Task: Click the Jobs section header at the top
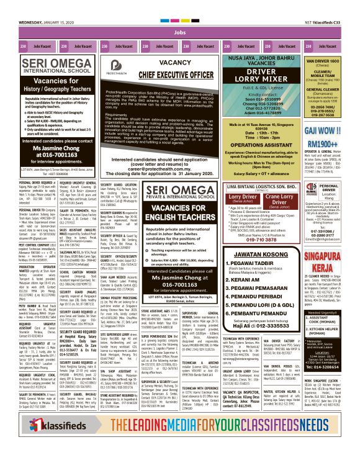(x=180, y=32)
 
